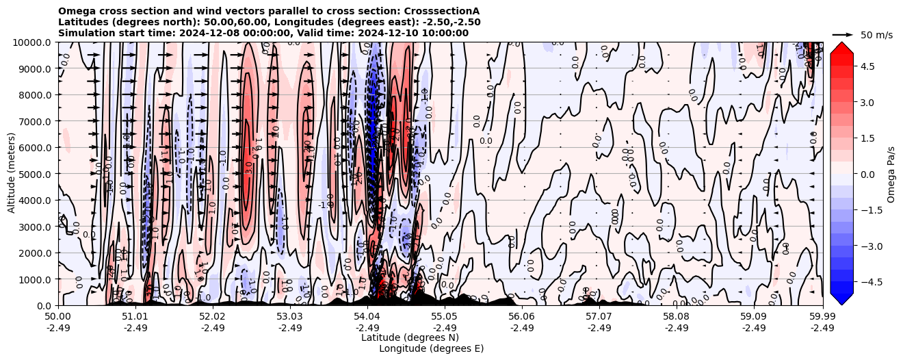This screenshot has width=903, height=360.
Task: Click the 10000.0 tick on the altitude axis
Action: (34, 42)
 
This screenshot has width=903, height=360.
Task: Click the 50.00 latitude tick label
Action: (58, 317)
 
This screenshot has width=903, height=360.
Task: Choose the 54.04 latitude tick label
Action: (367, 317)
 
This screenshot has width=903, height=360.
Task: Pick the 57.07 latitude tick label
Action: (599, 317)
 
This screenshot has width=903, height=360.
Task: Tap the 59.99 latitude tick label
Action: (822, 317)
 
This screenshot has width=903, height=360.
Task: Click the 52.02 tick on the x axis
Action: (213, 317)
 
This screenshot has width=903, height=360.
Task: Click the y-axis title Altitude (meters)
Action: (12, 174)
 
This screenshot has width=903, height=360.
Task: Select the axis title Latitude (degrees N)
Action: (410, 337)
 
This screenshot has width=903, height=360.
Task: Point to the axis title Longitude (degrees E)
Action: (431, 348)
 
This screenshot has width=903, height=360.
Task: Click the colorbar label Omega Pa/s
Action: (891, 174)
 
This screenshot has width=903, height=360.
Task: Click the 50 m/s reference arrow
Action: (843, 34)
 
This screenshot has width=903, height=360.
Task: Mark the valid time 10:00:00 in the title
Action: (443, 33)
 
